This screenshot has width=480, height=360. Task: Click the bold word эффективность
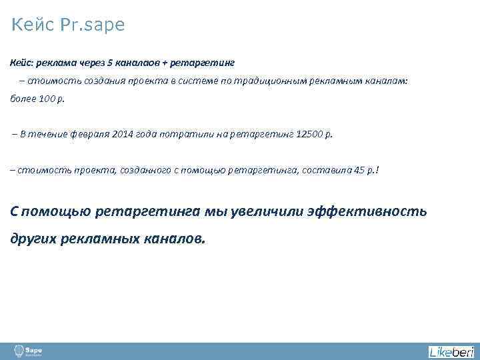point(367,211)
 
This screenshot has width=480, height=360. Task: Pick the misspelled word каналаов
point(136,62)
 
